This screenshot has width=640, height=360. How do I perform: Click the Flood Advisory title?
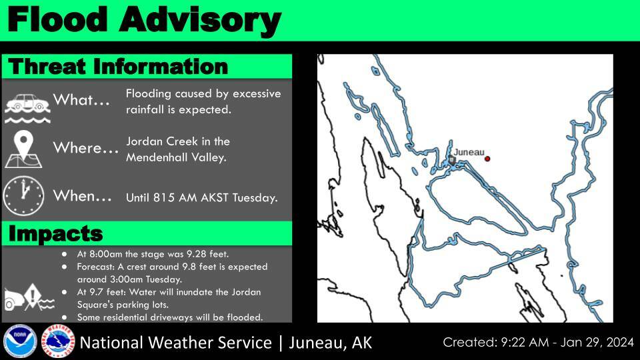143,20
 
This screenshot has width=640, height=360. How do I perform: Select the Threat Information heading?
118,67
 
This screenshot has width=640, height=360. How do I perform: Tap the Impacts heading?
55,234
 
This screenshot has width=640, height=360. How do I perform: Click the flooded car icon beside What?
25,105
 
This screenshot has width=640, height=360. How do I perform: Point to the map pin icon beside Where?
25,149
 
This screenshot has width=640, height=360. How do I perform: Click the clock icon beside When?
23,195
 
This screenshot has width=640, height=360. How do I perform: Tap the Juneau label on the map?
469,152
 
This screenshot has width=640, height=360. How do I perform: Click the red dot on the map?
487,159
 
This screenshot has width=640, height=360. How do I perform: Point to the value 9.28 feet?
205,254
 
